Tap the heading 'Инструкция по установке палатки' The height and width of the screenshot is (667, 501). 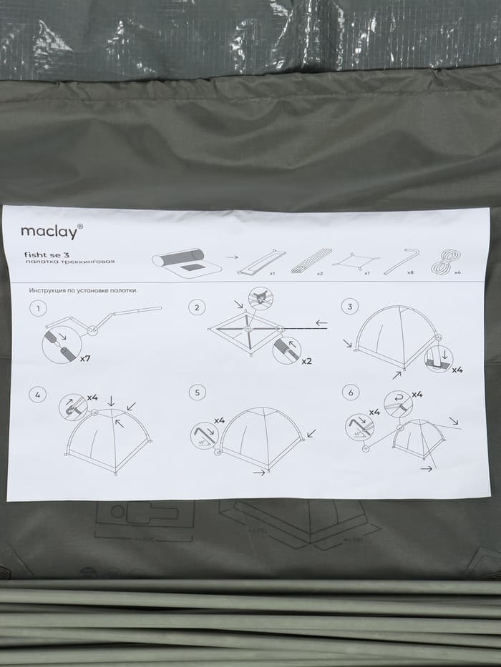[83, 291]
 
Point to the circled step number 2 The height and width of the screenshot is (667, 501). [196, 307]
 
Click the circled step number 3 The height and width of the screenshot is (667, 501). [349, 307]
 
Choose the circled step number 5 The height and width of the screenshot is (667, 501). [196, 392]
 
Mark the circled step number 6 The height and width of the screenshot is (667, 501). [349, 392]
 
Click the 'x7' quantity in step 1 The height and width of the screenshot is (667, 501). [84, 358]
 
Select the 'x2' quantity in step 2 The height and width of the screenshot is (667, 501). [306, 361]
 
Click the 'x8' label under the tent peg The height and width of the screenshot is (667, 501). [410, 273]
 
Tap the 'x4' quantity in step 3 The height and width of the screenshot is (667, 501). [457, 370]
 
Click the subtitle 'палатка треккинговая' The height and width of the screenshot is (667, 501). [69, 262]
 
